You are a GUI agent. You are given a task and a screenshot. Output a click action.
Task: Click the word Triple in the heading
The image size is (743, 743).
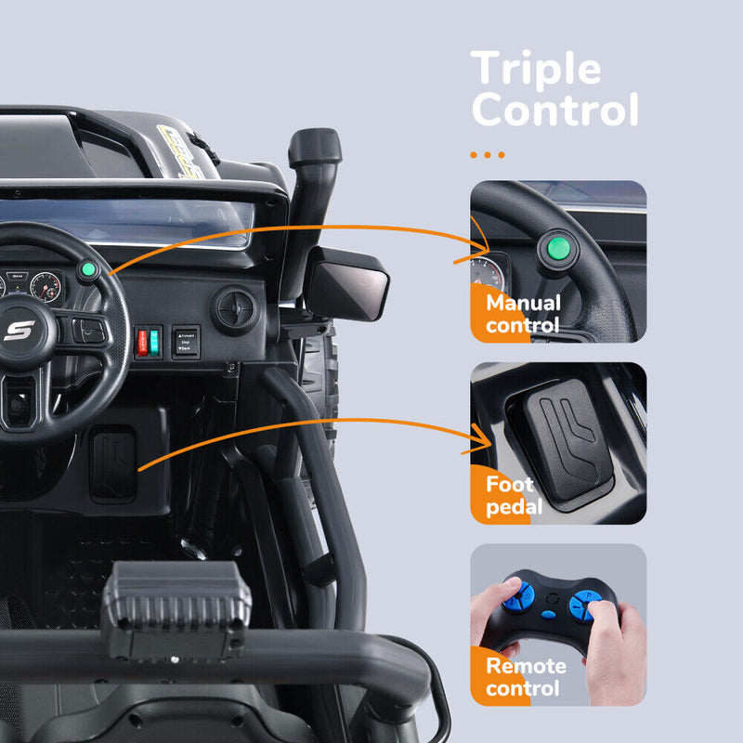(536, 70)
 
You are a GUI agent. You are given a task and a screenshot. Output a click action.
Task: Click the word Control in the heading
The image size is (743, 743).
(554, 111)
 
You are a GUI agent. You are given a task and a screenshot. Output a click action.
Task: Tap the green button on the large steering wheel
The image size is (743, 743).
(88, 271)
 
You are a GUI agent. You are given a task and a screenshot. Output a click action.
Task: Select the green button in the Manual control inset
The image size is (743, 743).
(558, 248)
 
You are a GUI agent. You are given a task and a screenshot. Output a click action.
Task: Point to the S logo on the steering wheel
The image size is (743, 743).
(19, 330)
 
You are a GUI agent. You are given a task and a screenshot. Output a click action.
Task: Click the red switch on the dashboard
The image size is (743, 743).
(142, 341)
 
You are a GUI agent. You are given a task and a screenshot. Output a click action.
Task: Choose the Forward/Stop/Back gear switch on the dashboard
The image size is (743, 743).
(186, 341)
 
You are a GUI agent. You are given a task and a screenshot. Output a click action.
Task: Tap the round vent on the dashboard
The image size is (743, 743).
(235, 308)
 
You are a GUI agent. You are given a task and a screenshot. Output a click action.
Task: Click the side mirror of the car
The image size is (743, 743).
(347, 283)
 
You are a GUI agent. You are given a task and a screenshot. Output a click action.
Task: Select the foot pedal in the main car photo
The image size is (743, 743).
(112, 463)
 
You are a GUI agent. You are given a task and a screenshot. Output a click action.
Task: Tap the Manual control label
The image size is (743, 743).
(523, 314)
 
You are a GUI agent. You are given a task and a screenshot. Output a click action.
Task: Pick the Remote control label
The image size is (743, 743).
(525, 677)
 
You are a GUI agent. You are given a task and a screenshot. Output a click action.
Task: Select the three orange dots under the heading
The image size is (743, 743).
(488, 155)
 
